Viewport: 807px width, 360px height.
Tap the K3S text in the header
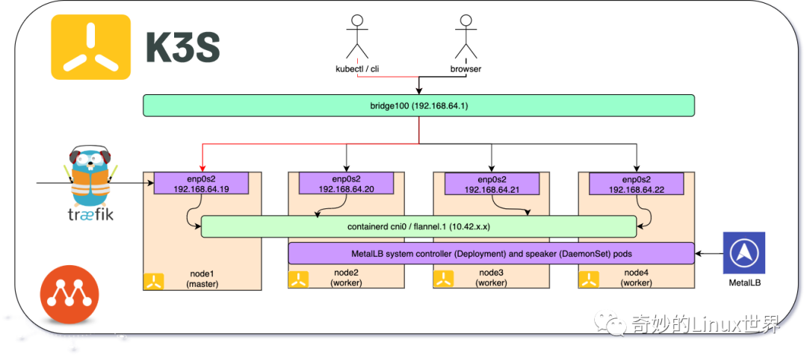point(182,49)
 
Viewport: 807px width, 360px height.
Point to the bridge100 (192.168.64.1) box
point(418,105)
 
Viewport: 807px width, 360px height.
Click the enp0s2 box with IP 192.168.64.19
point(201,184)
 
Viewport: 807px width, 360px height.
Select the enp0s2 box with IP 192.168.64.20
point(346,184)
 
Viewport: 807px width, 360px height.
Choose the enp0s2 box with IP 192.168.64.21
point(491,184)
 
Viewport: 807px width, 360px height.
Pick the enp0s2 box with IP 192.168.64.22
point(636,184)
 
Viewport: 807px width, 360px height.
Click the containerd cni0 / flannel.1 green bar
point(418,226)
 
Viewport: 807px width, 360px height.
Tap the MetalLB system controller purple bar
point(491,253)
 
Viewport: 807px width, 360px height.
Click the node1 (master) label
point(201,279)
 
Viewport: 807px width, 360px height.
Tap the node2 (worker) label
point(346,279)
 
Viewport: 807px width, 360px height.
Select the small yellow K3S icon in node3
point(444,280)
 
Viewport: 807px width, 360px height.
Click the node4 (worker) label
point(636,279)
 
